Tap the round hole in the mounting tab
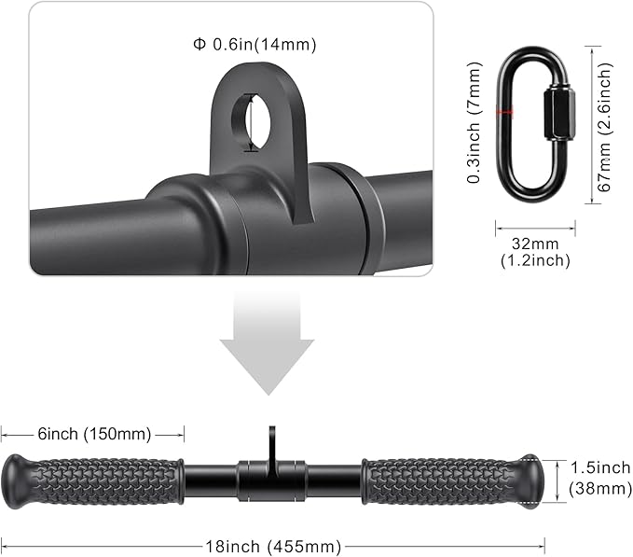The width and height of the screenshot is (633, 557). coord(255,121)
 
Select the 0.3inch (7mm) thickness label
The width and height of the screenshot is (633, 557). coord(476,120)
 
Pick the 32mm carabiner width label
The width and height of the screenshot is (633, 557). coord(534,244)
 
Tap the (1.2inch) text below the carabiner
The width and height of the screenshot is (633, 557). coord(534,261)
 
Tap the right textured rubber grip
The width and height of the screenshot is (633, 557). coord(443,480)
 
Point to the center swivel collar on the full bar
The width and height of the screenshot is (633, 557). coord(272,479)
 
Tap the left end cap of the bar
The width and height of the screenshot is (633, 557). coord(17,481)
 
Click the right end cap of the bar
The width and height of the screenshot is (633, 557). coord(531,480)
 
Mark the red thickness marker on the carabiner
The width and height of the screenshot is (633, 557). coord(504,112)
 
